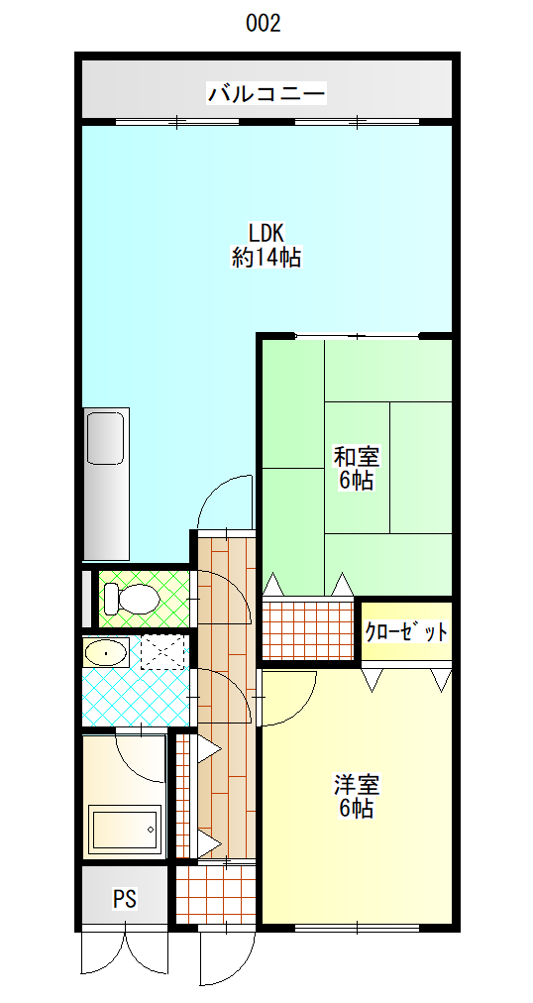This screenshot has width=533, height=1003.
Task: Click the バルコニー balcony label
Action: [266, 95]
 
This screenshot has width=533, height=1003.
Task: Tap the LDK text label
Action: [266, 234]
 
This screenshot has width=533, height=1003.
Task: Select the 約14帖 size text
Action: [266, 259]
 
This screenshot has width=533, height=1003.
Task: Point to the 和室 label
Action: [357, 458]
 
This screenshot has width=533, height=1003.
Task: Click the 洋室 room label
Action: [357, 785]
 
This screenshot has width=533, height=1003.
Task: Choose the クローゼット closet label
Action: [406, 632]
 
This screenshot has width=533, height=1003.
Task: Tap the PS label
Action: [124, 899]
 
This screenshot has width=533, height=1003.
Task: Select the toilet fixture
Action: [131, 599]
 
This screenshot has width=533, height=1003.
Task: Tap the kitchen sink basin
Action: [104, 438]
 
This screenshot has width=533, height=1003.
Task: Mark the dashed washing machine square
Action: [163, 652]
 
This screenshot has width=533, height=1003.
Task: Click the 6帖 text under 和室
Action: [357, 482]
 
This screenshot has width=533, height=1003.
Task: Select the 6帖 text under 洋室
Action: [357, 809]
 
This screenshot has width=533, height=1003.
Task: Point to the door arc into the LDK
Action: [225, 501]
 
